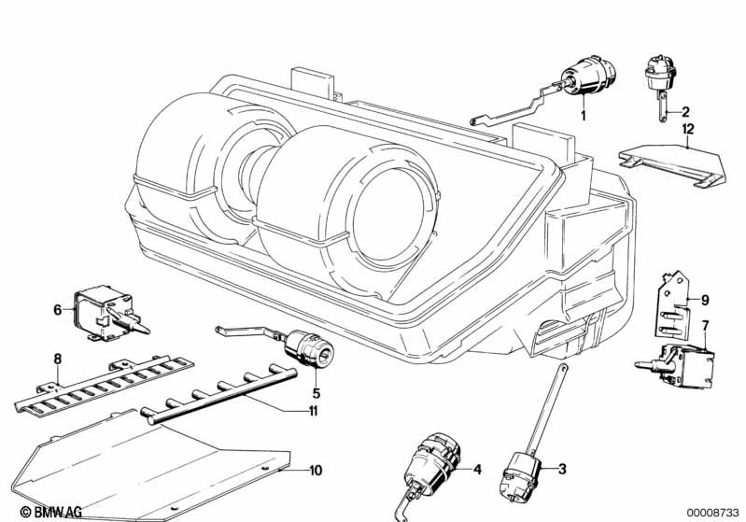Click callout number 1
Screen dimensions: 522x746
point(583,115)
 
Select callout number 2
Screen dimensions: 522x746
point(685,110)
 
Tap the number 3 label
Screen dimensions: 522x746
point(564,468)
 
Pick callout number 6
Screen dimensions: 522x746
point(57,309)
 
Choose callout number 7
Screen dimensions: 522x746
point(705,325)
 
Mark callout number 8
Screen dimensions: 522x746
point(57,358)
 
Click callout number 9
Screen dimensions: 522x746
point(706,300)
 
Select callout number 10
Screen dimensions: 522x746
point(315,470)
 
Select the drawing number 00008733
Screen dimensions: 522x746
point(713,512)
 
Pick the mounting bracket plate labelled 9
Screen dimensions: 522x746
point(674,303)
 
